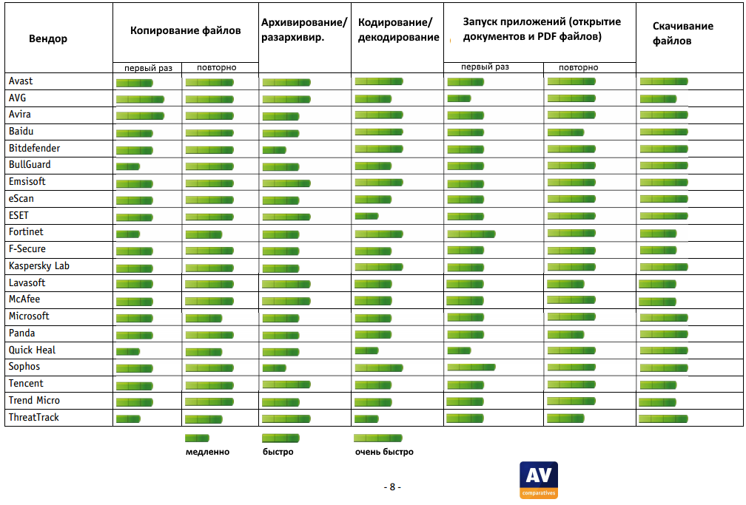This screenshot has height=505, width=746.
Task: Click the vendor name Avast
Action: coord(21,81)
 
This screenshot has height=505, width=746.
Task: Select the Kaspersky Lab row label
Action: coord(39,265)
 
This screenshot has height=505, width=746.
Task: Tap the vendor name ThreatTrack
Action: coord(34,418)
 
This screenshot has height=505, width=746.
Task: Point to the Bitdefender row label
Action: coord(35,148)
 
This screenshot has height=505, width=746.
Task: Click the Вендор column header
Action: coord(48,38)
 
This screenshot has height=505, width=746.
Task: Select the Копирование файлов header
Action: coord(185,31)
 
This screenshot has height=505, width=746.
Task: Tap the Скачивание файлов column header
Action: coord(682,33)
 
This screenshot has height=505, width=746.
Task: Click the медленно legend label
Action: coord(207,452)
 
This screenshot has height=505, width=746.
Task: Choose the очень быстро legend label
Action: coord(384,452)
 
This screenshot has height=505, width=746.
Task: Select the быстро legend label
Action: coord(278,452)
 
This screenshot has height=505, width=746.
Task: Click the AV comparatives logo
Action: coord(539,480)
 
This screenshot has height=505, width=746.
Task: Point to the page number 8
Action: coord(392,487)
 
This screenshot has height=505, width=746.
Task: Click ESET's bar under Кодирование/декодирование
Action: coord(367,216)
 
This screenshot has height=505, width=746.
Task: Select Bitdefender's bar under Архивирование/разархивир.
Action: coord(275,150)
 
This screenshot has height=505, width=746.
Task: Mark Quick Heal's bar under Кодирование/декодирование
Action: coord(367,350)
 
